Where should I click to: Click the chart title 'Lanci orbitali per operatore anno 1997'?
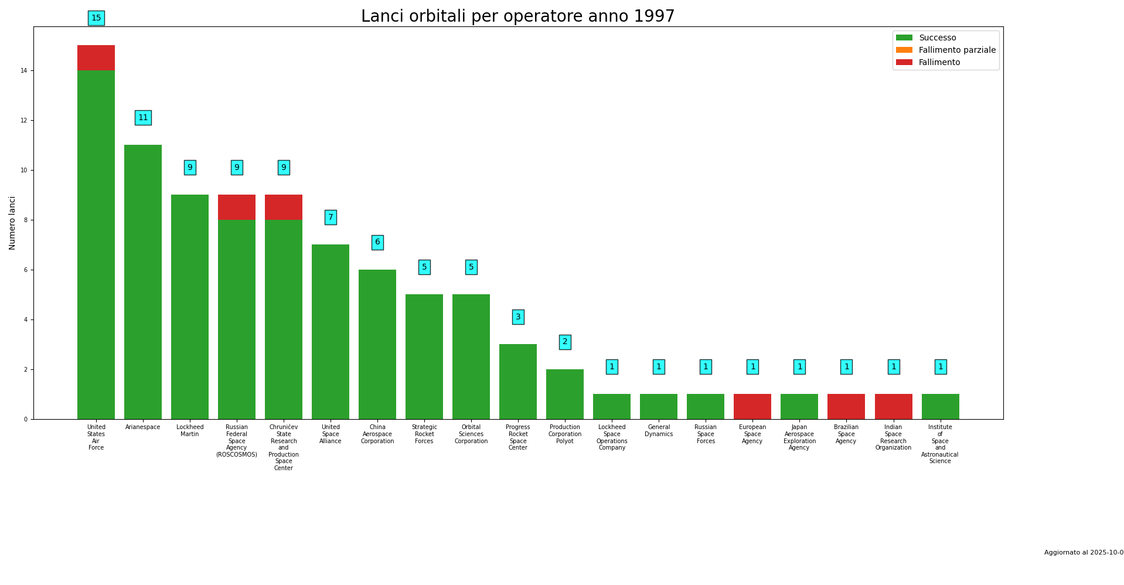[517, 16]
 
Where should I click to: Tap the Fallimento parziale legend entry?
[956, 50]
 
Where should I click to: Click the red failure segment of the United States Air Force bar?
[96, 58]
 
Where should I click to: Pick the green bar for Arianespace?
[143, 281]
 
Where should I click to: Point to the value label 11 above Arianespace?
[143, 118]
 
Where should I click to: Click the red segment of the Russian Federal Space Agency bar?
[237, 208]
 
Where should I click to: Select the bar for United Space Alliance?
[331, 331]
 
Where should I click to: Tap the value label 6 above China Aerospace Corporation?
[377, 242]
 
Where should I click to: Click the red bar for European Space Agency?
[752, 406]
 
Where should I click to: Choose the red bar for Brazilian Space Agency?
[846, 406]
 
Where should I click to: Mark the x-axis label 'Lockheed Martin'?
[190, 431]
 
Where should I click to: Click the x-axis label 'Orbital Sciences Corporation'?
[471, 434]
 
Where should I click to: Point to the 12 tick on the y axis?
[24, 121]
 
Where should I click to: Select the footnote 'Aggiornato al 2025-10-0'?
[1084, 553]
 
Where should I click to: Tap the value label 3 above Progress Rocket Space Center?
[518, 317]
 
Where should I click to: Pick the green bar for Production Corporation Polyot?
[565, 394]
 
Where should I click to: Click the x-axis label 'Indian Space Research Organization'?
[893, 438]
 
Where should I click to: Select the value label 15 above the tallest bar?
[96, 18]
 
